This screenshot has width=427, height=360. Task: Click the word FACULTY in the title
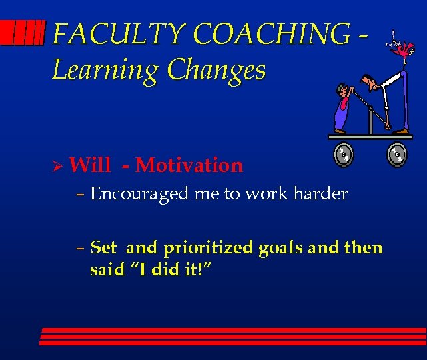(x=100, y=34)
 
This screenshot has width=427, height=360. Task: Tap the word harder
(x=322, y=194)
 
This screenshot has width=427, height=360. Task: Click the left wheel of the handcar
(x=344, y=155)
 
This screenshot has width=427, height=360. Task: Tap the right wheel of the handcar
(x=398, y=155)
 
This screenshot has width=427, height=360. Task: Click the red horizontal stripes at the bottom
(x=233, y=336)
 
